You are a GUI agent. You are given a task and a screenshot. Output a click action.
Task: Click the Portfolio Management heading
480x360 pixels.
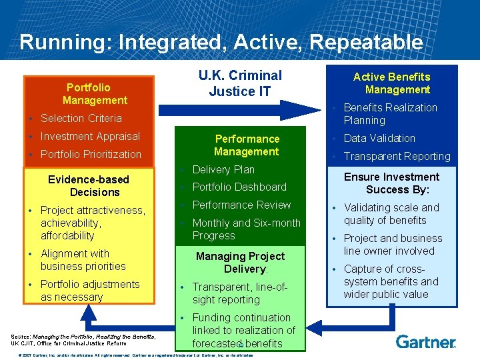coord(95,94)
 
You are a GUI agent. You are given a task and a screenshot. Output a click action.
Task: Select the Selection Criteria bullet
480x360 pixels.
coord(81,118)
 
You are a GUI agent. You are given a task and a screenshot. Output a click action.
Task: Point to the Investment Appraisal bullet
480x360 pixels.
coord(90,136)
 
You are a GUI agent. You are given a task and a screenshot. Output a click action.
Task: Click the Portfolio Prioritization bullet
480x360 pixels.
coord(91,154)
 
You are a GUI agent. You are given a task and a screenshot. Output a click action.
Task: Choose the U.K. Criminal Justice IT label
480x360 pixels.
coord(240,83)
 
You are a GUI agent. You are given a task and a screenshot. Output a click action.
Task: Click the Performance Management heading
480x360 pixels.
coord(247,145)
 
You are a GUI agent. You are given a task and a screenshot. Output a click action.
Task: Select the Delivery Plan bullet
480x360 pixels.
coord(223,169)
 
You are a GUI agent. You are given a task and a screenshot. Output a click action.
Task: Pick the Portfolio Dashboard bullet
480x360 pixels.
coord(239,187)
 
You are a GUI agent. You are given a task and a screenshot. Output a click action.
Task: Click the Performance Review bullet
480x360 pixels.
coord(241,205)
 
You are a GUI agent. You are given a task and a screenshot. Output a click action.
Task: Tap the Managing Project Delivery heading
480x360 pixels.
coord(240,263)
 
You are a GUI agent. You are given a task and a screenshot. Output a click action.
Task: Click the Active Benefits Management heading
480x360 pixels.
coord(392,83)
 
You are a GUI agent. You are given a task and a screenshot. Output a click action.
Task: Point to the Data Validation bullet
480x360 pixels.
coord(379,138)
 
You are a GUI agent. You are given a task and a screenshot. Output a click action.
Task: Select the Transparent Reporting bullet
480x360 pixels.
coord(397,156)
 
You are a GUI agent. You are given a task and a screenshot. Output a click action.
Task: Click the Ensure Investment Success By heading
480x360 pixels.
coord(392,183)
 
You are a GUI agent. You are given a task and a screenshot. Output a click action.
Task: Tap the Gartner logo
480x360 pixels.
coord(425,341)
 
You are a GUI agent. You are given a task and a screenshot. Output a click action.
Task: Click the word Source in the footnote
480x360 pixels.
coord(21,337)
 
